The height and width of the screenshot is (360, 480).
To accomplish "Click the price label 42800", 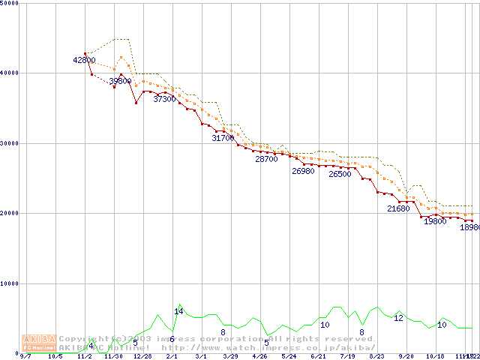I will (85, 60).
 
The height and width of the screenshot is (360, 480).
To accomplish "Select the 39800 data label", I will (120, 81).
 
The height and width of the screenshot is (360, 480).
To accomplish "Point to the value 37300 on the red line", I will (165, 99).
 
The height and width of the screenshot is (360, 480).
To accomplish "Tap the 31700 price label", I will (223, 138).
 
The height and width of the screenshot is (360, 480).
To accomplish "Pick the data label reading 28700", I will (266, 159).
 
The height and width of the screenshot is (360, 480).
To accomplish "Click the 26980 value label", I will (303, 171).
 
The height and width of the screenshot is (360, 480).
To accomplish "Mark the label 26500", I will (340, 174).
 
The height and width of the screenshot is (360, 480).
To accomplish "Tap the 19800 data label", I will (435, 222).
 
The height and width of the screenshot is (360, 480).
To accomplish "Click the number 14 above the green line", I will (178, 311).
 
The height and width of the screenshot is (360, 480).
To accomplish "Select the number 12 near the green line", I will (398, 318).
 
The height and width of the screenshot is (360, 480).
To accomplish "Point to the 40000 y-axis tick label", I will (10, 73).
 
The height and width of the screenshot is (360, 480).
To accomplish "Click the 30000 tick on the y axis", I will (10, 143).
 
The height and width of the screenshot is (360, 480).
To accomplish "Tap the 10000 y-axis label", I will (10, 283).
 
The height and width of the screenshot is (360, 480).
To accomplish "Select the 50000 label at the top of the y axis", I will (10, 3).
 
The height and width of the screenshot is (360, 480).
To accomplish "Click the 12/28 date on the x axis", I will (142, 357).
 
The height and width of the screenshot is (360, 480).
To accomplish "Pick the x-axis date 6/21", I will (317, 357).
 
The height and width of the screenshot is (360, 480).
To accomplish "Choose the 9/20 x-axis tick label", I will (406, 357).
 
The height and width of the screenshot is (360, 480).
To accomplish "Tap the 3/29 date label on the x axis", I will (229, 357).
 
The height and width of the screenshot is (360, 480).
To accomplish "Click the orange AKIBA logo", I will (39, 341).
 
